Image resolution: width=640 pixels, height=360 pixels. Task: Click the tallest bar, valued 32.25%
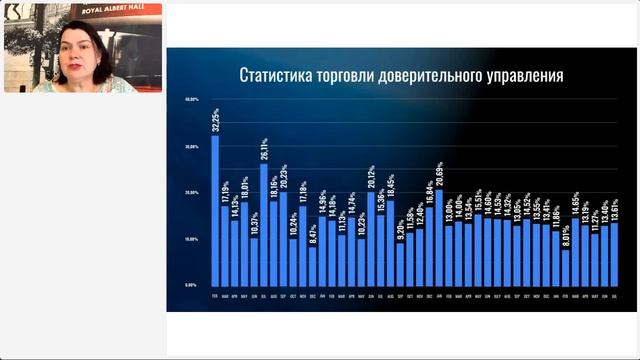pos(215,210)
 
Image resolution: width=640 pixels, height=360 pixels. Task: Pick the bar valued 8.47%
pos(313,265)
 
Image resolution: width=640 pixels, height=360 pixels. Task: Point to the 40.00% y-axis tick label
pos(192,101)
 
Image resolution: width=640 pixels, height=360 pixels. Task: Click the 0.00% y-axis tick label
pos(193,285)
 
